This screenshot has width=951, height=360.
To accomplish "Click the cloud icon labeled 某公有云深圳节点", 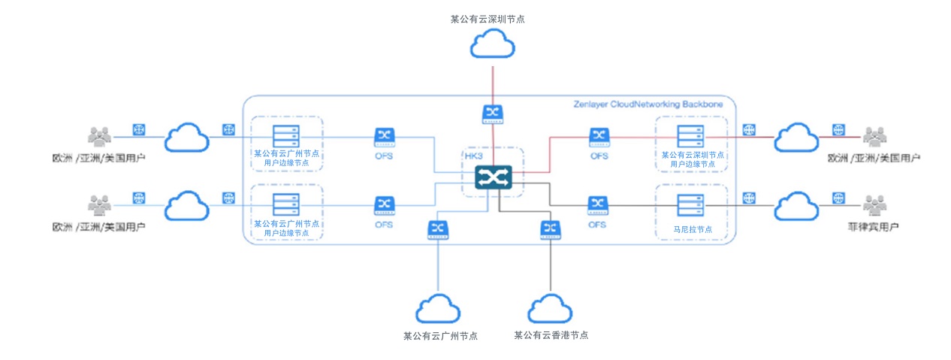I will point(492,46).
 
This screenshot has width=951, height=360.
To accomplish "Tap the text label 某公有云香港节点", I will point(551,335).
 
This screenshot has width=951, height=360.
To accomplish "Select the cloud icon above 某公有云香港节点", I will point(551,309).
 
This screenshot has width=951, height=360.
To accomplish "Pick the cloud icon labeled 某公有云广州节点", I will point(438,309).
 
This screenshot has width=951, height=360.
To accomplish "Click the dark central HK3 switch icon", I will point(493,178).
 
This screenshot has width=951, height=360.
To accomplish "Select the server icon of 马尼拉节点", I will point(690,205).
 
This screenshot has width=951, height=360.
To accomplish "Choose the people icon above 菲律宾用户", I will point(874,205).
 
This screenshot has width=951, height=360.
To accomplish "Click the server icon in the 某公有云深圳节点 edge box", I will point(690,136).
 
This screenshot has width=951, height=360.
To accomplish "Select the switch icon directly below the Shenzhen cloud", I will point(493,113).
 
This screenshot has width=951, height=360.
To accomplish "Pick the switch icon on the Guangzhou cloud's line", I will point(438,229).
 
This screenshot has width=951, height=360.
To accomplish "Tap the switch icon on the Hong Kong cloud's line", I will point(551,229).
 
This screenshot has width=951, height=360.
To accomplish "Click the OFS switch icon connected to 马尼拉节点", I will point(598,205).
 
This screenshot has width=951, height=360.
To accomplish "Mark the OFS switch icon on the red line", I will point(599,137).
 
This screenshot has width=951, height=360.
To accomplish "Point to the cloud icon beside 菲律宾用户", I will point(796,205).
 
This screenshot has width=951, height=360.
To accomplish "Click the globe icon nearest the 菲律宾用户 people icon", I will point(838,198).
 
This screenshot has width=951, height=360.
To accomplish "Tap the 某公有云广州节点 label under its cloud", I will point(440,336).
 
